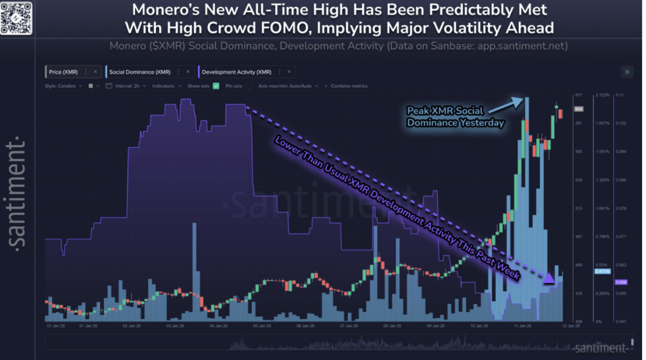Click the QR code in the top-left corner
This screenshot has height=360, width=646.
[x=16, y=15]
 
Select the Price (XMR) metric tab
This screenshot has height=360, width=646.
[x=63, y=72]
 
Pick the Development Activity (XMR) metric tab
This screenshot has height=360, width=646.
[x=236, y=72]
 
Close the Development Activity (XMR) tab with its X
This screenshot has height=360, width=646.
[x=288, y=72]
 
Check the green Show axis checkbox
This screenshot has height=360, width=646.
[x=216, y=86]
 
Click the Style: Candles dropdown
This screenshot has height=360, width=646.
[x=63, y=86]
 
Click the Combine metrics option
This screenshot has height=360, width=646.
[x=349, y=86]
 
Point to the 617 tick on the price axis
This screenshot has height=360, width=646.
[x=577, y=95]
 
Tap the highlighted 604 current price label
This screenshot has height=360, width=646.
[x=578, y=109]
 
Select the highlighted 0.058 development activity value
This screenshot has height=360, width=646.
[x=621, y=282]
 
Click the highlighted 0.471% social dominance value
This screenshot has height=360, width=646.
[x=601, y=271]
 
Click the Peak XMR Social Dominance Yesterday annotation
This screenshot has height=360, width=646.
[x=455, y=117]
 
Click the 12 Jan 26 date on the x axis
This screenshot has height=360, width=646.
[x=572, y=326]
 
